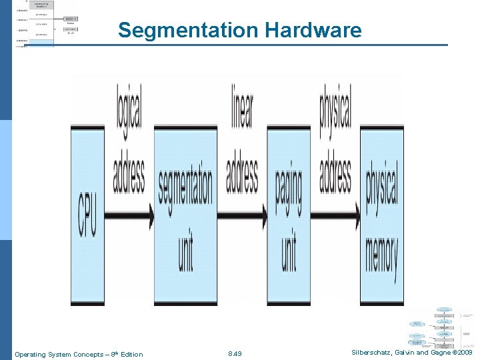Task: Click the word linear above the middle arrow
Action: pos(243,107)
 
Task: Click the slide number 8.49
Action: pos(235,354)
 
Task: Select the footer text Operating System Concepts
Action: pos(59,354)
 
